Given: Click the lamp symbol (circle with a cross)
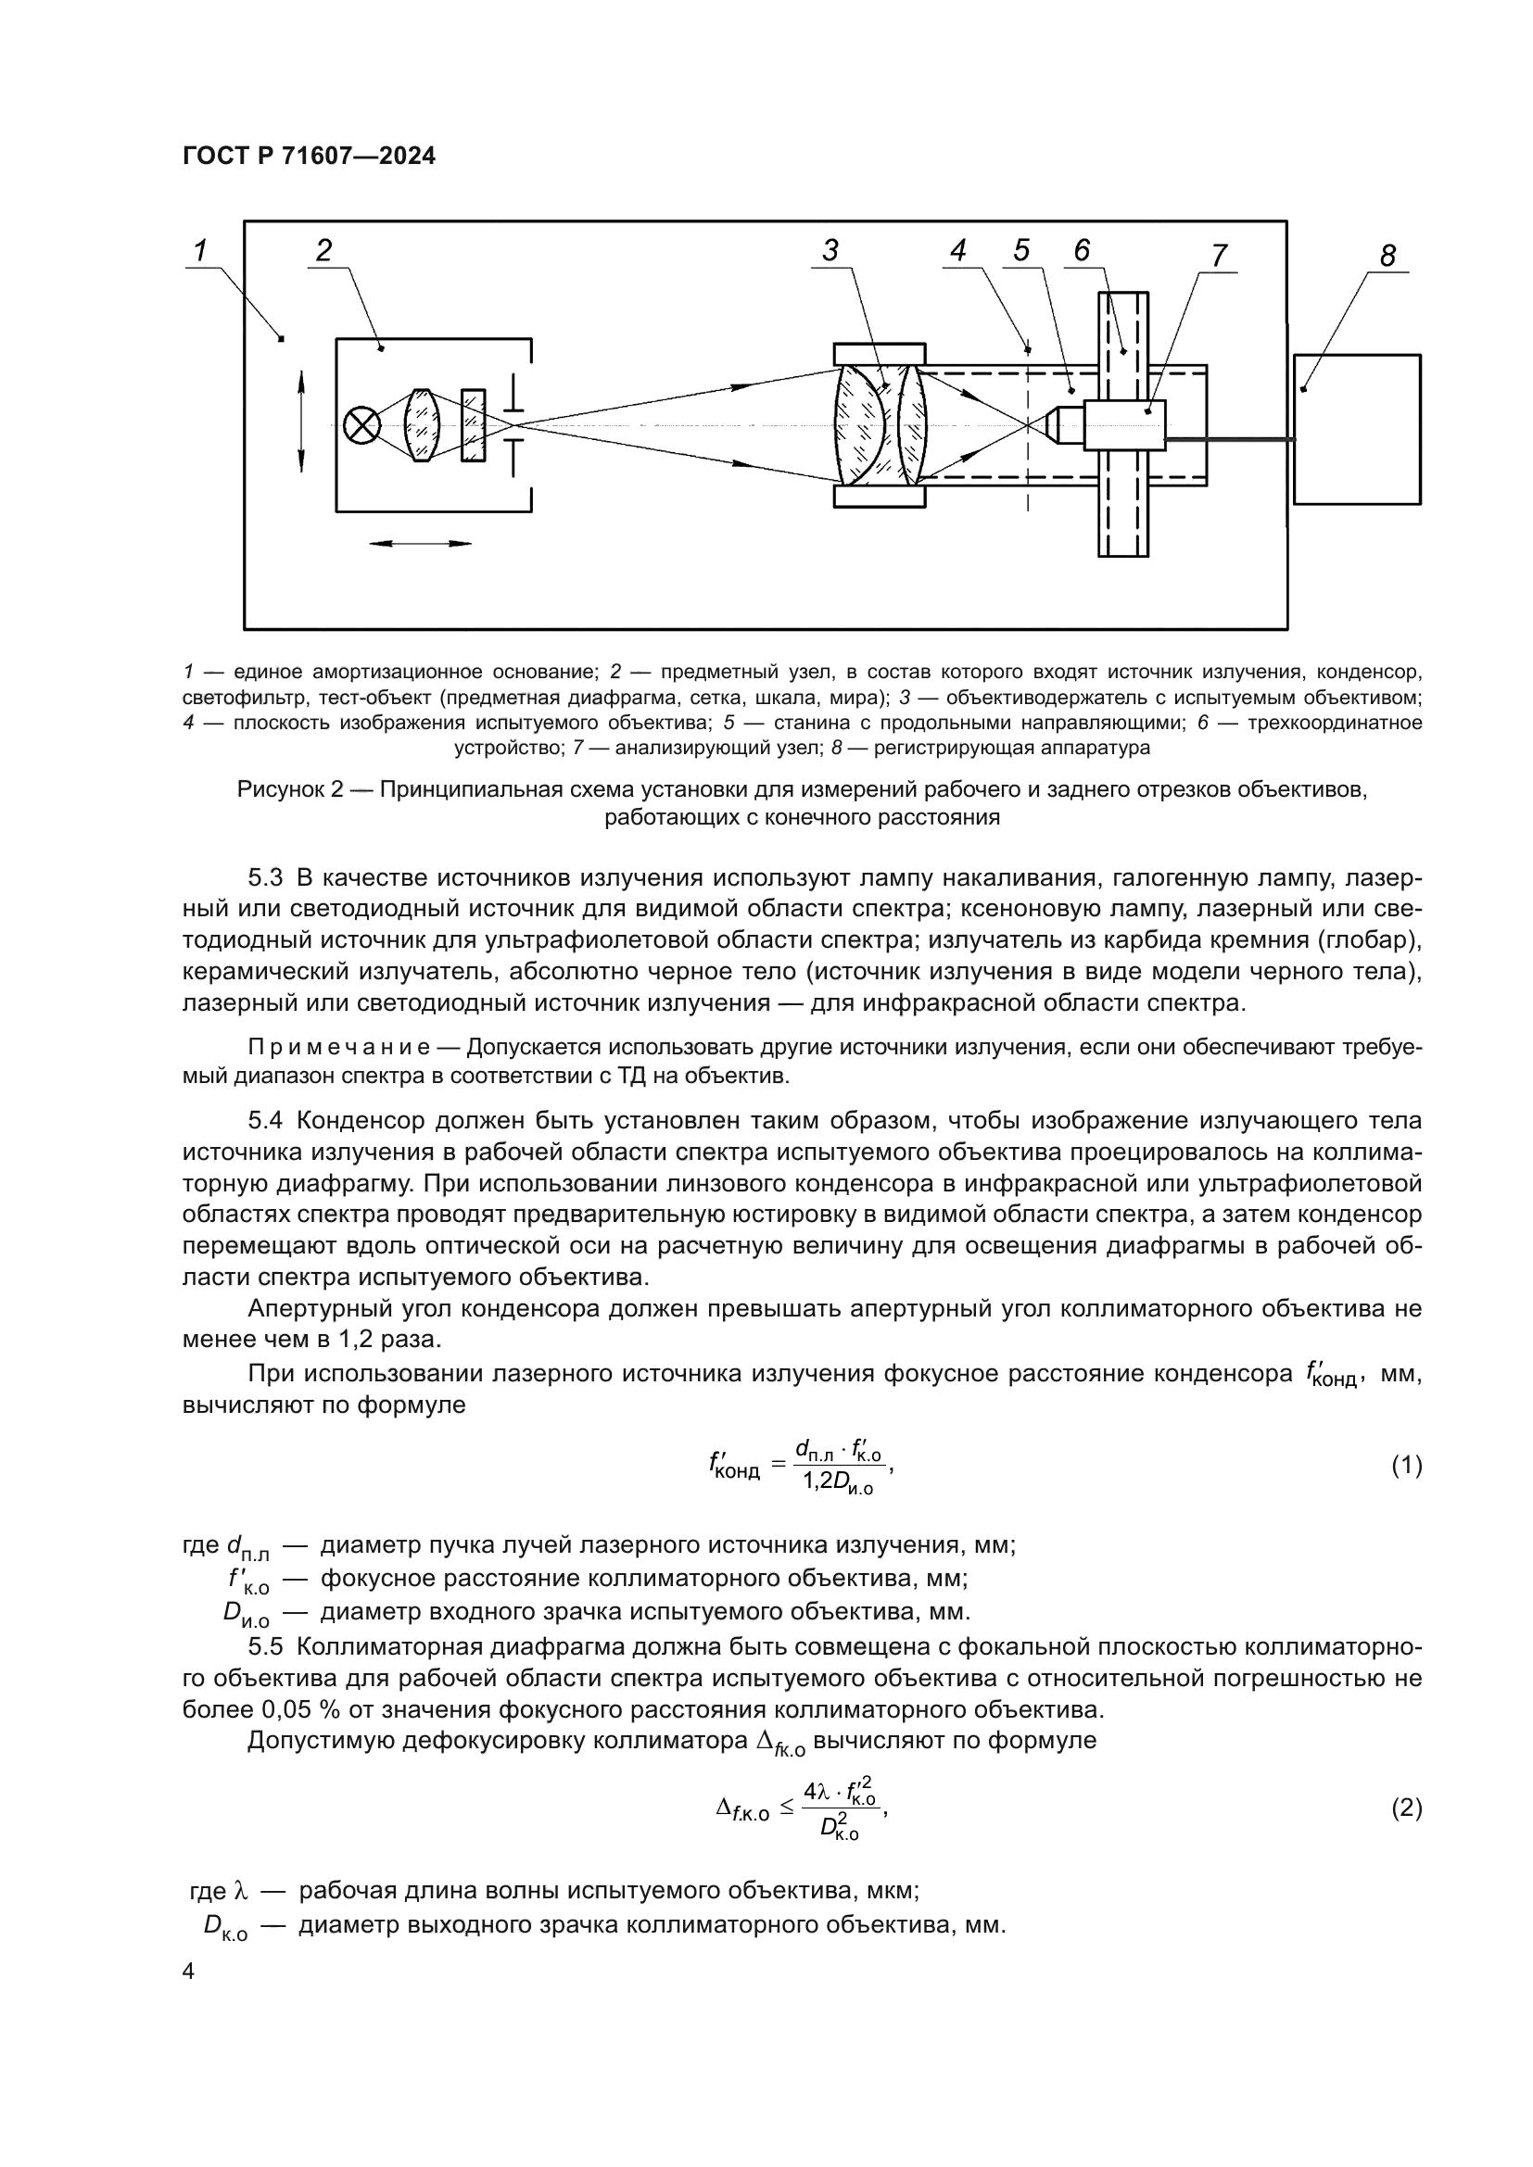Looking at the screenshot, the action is pos(361,425).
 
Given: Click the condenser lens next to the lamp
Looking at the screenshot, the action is pos(421,425).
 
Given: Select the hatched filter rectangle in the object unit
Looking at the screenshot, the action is pos(473,425).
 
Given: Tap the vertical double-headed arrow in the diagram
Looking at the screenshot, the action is pos(301,421).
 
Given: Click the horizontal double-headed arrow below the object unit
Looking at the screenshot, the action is pos(419,544).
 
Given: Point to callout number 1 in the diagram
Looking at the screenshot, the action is pos(200,250).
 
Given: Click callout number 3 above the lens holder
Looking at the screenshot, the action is pos(830,250).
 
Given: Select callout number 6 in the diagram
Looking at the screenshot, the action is pos(1082,250).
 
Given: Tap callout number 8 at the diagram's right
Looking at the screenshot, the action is pos(1387,256).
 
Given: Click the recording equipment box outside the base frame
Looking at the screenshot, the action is pos(1357,430).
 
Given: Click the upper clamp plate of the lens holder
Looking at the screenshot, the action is pos(880,354).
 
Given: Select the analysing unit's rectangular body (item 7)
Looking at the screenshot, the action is pos(1124,424).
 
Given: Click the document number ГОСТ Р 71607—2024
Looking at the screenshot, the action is pos(309,157).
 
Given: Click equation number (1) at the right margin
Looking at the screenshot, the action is pos(1407,1466).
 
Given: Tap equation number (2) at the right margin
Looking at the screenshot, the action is pos(1407,1808).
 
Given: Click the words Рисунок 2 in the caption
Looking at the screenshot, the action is pos(290,789).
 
